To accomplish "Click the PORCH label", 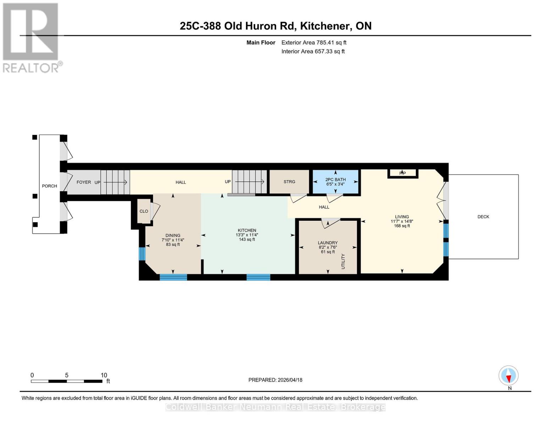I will pyautogui.click(x=49, y=186).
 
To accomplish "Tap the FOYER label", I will pyautogui.click(x=84, y=182).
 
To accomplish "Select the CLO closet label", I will pyautogui.click(x=144, y=211).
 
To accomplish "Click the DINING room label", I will pyautogui.click(x=173, y=235).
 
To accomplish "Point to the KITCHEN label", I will pyautogui.click(x=247, y=230).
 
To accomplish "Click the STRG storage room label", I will pyautogui.click(x=289, y=182).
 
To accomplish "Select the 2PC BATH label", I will pyautogui.click(x=335, y=180).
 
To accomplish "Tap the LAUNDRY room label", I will pyautogui.click(x=327, y=243).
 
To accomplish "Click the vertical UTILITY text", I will pyautogui.click(x=343, y=261).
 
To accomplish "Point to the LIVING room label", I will pyautogui.click(x=402, y=217).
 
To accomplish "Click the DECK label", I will pyautogui.click(x=483, y=217).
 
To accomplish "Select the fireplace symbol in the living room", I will pyautogui.click(x=403, y=173).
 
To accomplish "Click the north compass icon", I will pyautogui.click(x=508, y=376).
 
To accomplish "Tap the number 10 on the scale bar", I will pyautogui.click(x=104, y=375).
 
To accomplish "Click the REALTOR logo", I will pyautogui.click(x=31, y=37).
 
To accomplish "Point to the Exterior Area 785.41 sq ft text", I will pyautogui.click(x=314, y=43).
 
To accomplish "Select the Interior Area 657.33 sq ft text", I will pyautogui.click(x=313, y=51).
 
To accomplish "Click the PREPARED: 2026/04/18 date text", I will pyautogui.click(x=275, y=380).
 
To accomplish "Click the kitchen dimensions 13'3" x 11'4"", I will pyautogui.click(x=247, y=235).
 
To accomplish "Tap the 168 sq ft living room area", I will pyautogui.click(x=402, y=226).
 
